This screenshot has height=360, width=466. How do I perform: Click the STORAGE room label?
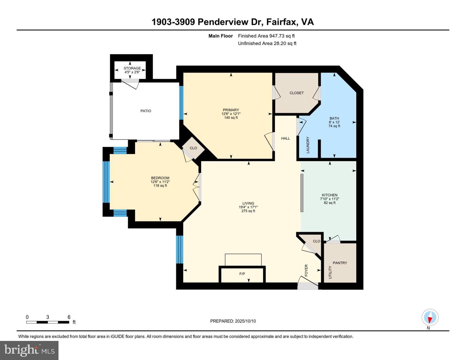(132, 68)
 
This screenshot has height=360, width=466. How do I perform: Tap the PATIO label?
(146, 111)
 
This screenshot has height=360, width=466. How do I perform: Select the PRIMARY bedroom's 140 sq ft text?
(231, 118)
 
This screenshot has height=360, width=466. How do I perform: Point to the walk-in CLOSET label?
(296, 93)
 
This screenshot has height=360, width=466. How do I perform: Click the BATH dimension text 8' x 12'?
(334, 122)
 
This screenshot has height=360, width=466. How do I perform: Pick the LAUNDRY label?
(308, 145)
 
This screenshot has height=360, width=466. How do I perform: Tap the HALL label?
(285, 138)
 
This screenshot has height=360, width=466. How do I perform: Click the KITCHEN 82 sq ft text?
(330, 203)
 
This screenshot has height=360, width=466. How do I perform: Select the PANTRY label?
(340, 263)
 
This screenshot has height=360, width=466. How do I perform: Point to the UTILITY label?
(330, 272)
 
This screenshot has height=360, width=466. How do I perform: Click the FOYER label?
(306, 270)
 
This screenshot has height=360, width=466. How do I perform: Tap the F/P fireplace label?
(242, 274)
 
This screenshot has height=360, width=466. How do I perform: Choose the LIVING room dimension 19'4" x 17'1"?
(248, 207)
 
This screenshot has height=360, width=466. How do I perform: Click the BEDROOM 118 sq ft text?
(160, 186)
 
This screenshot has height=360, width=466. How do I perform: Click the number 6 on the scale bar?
(69, 317)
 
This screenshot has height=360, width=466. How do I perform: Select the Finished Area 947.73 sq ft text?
(266, 36)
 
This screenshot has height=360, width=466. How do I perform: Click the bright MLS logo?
(29, 350)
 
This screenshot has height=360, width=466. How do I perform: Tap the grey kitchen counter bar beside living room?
(302, 193)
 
